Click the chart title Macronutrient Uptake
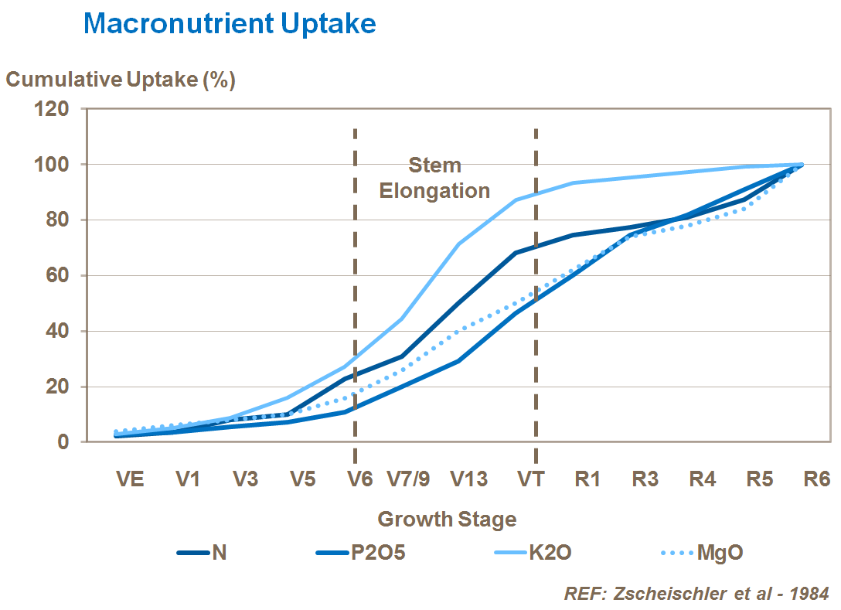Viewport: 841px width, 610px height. tap(230, 24)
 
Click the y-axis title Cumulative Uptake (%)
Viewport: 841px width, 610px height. tap(121, 80)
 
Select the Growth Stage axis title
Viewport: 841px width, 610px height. tap(447, 519)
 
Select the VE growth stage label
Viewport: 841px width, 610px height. tap(130, 479)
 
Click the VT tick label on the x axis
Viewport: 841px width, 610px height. tap(530, 479)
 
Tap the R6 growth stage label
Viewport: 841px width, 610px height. tap(816, 479)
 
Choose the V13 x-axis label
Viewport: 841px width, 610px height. tap(469, 479)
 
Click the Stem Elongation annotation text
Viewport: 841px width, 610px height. tap(434, 178)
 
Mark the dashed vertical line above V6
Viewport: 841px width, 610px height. tap(355, 232)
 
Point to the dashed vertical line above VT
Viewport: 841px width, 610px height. tap(536, 232)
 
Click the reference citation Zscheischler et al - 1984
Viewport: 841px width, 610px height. tap(696, 594)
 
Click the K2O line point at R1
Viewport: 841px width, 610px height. tap(573, 183)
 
